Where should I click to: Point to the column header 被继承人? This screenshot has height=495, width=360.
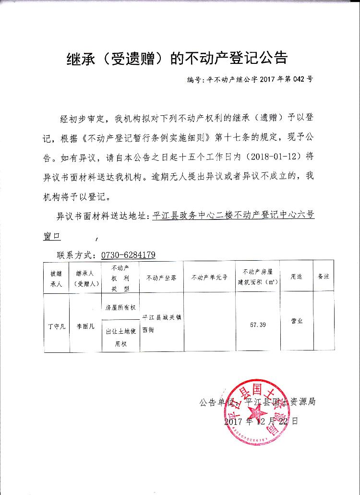pyautogui.click(x=56, y=278)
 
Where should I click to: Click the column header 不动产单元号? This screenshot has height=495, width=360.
pyautogui.click(x=209, y=278)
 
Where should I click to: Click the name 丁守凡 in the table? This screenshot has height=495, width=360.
pyautogui.click(x=56, y=326)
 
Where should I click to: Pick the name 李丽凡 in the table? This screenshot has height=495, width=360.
pyautogui.click(x=85, y=326)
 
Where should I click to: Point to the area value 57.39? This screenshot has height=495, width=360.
pyautogui.click(x=258, y=325)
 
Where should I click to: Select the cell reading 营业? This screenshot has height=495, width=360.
pyautogui.click(x=297, y=321)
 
